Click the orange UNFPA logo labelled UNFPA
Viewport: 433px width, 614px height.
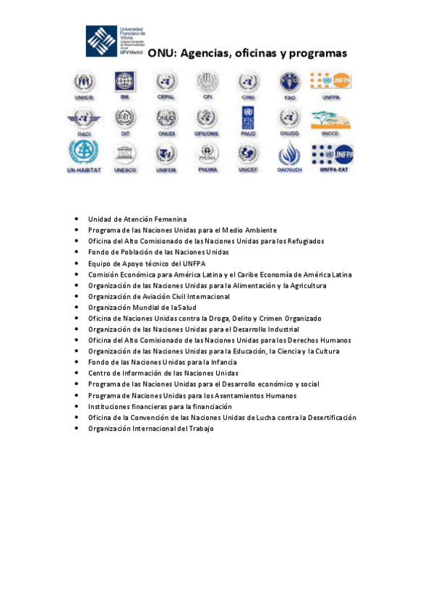click(x=330, y=80)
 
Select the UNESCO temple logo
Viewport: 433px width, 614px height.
click(x=124, y=153)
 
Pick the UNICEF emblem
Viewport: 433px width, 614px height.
click(x=248, y=153)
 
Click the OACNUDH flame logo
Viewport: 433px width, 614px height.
click(x=289, y=153)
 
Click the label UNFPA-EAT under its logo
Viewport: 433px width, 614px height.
click(x=330, y=169)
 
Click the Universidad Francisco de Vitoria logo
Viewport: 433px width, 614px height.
click(x=116, y=41)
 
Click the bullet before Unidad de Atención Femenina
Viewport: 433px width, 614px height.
click(x=77, y=219)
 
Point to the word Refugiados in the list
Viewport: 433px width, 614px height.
click(x=305, y=241)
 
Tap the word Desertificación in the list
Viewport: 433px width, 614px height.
click(x=332, y=417)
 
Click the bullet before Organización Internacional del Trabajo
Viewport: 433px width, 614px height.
click(x=77, y=429)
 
